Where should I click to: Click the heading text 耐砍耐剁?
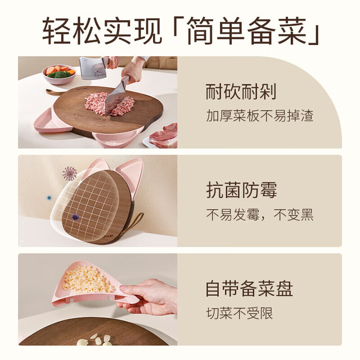[241, 92]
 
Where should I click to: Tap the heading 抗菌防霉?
[241, 190]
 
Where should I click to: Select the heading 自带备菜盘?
[249, 289]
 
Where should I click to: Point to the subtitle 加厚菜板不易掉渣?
[260, 115]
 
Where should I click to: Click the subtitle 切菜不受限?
[240, 313]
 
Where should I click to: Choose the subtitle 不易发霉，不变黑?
[260, 215]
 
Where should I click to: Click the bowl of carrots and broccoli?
[60, 74]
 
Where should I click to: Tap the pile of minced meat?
[110, 104]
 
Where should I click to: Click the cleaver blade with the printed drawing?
[92, 68]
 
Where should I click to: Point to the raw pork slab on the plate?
[164, 136]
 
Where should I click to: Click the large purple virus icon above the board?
[70, 173]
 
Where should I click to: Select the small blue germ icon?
[49, 197]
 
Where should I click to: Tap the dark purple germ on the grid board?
[75, 217]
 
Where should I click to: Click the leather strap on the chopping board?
[55, 92]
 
